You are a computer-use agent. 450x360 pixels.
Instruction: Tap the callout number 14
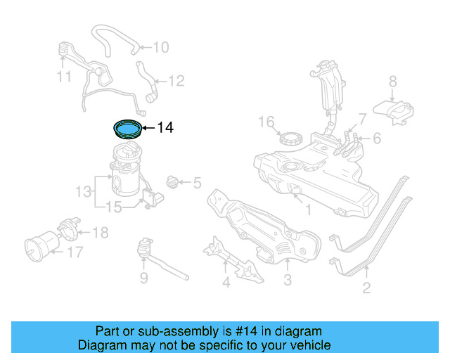pos(165,128)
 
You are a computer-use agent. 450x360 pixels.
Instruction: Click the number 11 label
pos(65,76)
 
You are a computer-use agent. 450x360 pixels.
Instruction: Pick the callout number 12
pos(176,82)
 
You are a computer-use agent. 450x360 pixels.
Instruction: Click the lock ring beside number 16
pos(290,138)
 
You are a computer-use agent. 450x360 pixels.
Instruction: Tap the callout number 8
pos(393,81)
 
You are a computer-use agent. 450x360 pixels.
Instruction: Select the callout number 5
pos(196,184)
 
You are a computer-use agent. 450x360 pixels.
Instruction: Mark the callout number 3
pos(287,283)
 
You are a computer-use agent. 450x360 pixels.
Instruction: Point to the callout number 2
pos(366,287)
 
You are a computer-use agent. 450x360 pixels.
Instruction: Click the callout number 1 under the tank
pos(307,210)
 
